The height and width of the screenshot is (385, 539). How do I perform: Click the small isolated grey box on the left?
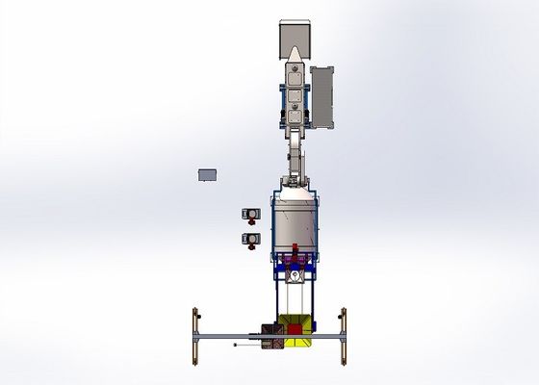(207, 174)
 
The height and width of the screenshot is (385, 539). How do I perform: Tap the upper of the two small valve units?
(250, 214)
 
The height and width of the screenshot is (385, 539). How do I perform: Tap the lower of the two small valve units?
(250, 237)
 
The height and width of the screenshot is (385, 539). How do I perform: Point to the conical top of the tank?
(295, 194)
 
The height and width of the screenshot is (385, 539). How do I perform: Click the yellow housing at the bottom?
(295, 327)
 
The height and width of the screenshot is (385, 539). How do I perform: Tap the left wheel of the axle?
(196, 335)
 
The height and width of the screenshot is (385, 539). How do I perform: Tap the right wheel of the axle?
(343, 335)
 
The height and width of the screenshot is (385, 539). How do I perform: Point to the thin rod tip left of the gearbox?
(234, 344)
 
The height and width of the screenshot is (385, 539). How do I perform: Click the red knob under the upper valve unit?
(250, 223)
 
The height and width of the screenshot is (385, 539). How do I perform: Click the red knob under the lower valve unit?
(250, 246)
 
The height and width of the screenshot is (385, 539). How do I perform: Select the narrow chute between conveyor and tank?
(293, 154)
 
